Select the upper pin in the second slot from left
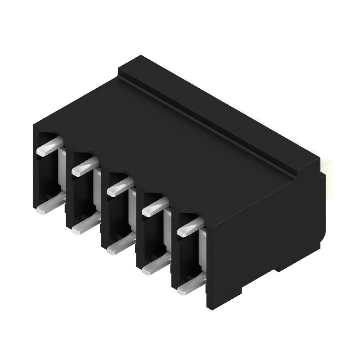82,167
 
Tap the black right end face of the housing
265,238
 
